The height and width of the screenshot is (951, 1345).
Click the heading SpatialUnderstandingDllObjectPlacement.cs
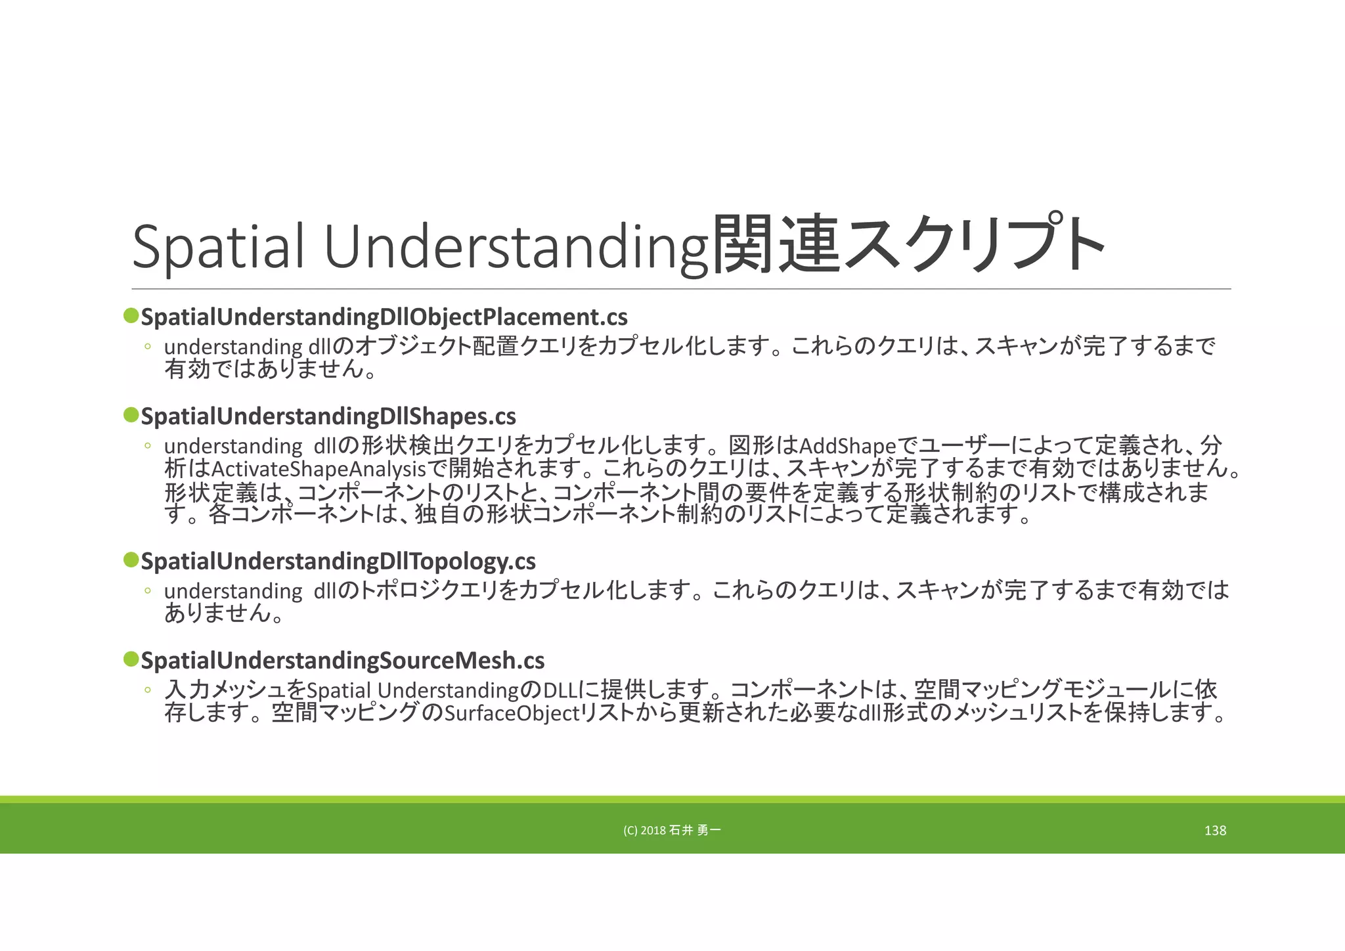pos(384,317)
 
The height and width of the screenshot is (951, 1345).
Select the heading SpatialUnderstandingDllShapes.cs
pos(328,416)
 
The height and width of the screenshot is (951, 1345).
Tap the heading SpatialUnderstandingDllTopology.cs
pos(338,562)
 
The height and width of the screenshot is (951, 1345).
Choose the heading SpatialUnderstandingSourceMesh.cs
pos(343,660)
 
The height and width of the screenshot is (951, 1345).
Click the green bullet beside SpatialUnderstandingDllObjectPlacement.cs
pos(131,316)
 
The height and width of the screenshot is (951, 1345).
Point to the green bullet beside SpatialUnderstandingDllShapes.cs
pos(131,415)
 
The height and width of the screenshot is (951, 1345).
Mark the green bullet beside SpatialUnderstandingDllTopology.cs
pos(131,560)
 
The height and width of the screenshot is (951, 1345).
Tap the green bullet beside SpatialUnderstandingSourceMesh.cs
pos(131,659)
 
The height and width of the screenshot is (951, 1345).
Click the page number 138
pos(1215,831)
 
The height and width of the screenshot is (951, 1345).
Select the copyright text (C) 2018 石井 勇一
pos(672,831)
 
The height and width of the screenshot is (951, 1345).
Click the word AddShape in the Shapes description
pos(847,447)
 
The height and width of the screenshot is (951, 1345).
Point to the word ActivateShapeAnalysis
pos(319,469)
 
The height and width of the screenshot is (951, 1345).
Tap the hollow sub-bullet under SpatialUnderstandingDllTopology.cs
pos(148,590)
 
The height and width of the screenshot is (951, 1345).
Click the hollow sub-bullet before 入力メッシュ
pos(148,690)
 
